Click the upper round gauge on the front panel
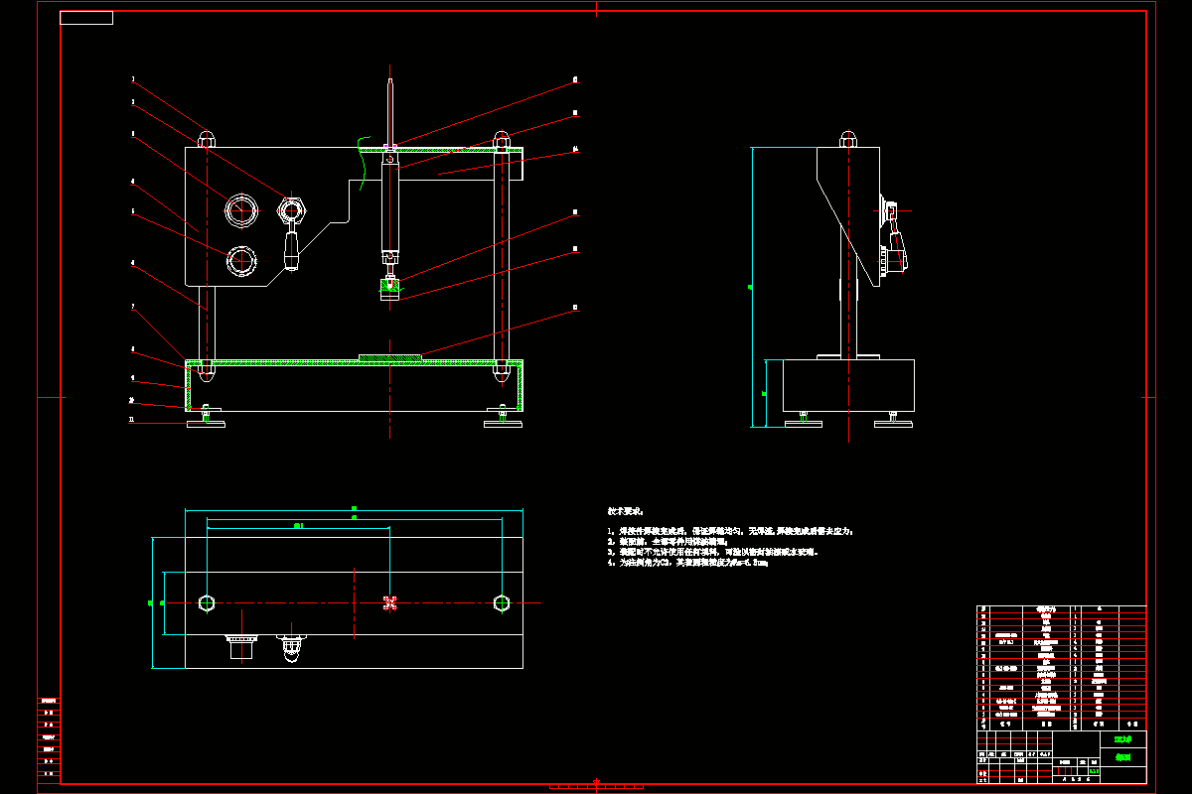coord(240,210)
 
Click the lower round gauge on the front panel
coord(240,261)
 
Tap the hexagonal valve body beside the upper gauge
coord(291,210)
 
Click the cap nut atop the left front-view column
coord(207,138)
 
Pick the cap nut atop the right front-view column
coord(503,138)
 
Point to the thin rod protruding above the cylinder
coord(391,109)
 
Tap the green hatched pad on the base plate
coord(389,356)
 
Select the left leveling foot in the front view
coord(207,424)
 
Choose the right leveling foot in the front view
coord(504,424)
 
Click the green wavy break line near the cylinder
coord(363,164)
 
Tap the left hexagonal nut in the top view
coord(207,602)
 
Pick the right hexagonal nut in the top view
coord(503,602)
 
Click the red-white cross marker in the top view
coord(389,602)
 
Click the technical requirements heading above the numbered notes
coord(626,510)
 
